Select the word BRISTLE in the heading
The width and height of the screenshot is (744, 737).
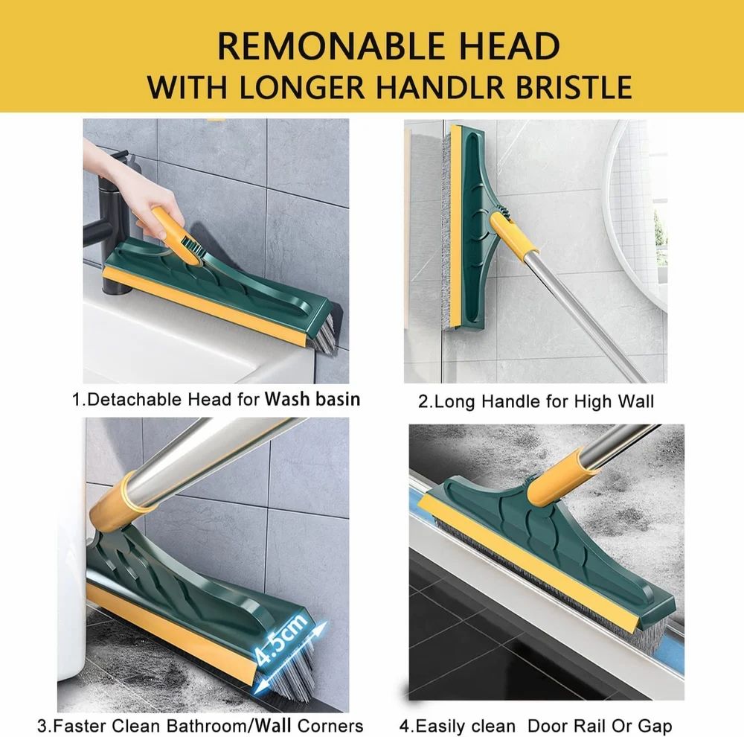coord(570,86)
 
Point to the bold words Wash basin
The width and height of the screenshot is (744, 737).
coord(312,399)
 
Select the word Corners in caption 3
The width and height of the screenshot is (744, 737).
coord(327,725)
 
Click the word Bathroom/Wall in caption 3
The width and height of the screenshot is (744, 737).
coord(236,725)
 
